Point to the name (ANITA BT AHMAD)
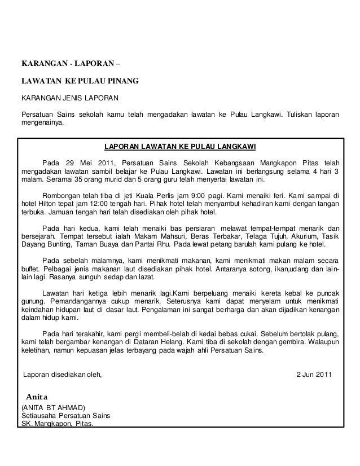[53, 407]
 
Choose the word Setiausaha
[41, 416]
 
